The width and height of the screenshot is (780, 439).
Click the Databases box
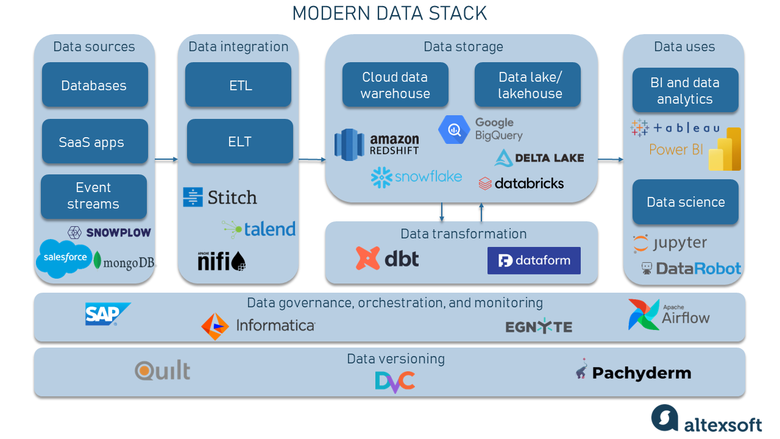(x=94, y=85)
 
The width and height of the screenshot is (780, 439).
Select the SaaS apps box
(x=94, y=142)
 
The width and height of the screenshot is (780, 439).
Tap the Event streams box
(x=93, y=196)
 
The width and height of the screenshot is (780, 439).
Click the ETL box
(x=238, y=85)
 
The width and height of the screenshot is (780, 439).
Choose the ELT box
(x=239, y=141)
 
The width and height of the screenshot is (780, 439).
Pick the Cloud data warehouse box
(x=395, y=85)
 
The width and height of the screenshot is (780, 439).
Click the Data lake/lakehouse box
(x=528, y=85)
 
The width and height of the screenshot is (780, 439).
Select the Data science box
(x=685, y=202)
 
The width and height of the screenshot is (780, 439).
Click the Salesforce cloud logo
(x=65, y=258)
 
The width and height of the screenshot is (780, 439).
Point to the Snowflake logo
(x=416, y=177)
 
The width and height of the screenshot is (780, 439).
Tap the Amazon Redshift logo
(x=377, y=145)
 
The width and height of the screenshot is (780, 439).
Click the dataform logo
(x=534, y=261)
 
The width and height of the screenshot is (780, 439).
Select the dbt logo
(x=388, y=259)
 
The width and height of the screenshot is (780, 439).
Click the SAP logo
(x=107, y=314)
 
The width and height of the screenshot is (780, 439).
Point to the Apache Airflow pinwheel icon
(x=643, y=315)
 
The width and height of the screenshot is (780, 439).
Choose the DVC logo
(x=395, y=381)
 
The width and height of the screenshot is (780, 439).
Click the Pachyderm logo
(x=633, y=372)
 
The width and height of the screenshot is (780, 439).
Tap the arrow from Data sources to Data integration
(x=166, y=160)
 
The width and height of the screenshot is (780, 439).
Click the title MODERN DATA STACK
(x=389, y=13)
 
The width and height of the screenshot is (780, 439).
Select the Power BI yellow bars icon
(x=725, y=150)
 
